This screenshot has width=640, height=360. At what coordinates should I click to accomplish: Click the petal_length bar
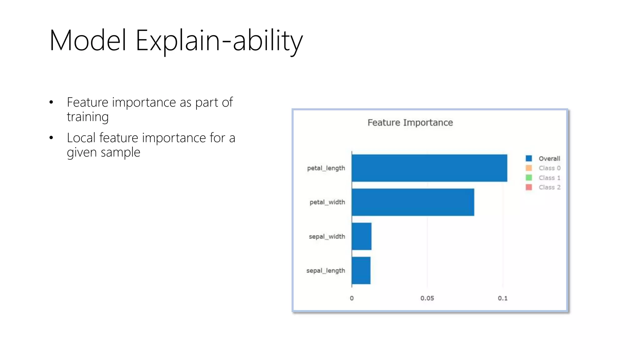coord(429,168)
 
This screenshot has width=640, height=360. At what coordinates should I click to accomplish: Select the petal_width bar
coord(412,202)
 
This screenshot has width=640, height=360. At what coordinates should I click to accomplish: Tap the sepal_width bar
coord(361,236)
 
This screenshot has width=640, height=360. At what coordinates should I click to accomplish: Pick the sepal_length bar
coord(361,270)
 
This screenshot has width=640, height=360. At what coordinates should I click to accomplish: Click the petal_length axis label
coord(326,168)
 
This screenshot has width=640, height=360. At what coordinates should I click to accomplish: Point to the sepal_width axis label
coord(327,237)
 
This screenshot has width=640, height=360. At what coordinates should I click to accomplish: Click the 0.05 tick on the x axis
coord(427,298)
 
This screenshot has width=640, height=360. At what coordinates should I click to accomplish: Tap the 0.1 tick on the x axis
coord(502,298)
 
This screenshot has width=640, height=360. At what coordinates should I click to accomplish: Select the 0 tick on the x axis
coord(352,298)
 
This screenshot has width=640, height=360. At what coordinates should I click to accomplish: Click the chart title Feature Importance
coord(410,122)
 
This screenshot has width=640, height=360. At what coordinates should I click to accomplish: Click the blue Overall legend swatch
coord(529,158)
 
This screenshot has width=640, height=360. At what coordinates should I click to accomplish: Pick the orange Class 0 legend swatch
coord(529,168)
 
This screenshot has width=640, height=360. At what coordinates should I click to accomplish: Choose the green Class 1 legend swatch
coord(529,177)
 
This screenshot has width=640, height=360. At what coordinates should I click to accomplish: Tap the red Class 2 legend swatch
coord(529,187)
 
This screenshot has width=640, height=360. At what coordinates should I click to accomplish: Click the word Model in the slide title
coord(88,40)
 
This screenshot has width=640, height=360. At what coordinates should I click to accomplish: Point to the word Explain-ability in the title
coord(219,41)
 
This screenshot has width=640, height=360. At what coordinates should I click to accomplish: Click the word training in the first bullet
coord(87,117)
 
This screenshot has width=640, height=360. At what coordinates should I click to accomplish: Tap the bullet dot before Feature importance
coord(51,102)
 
